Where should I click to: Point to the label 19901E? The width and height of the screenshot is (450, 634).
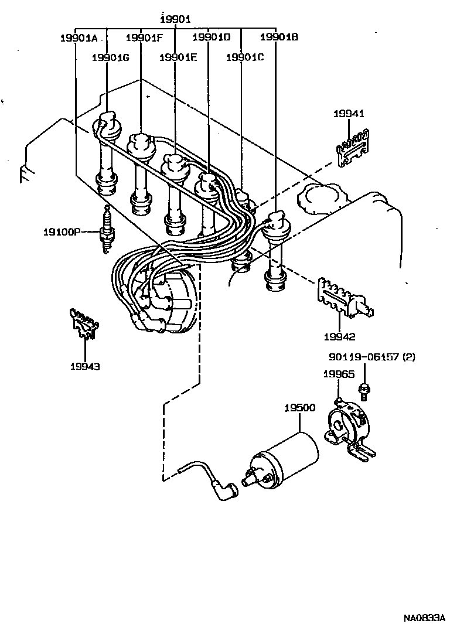click(x=178, y=57)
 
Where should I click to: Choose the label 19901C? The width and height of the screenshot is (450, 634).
click(x=245, y=57)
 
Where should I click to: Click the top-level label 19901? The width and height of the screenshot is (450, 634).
click(x=176, y=19)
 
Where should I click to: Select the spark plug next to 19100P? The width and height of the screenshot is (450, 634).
click(x=107, y=231)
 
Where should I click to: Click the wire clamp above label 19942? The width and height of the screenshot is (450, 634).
click(x=344, y=298)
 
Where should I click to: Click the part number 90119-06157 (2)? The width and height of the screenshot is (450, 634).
click(x=371, y=357)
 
